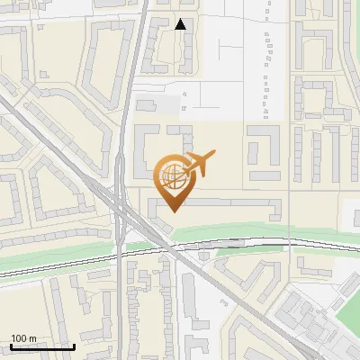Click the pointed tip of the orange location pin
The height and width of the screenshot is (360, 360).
[x=172, y=211]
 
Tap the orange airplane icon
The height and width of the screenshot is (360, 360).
[x=197, y=164]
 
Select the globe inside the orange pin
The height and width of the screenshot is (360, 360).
[x=171, y=175]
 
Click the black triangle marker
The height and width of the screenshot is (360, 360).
[x=181, y=24]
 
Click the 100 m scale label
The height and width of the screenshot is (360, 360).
[x=23, y=337]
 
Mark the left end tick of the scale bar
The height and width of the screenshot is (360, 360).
[x=11, y=345]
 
